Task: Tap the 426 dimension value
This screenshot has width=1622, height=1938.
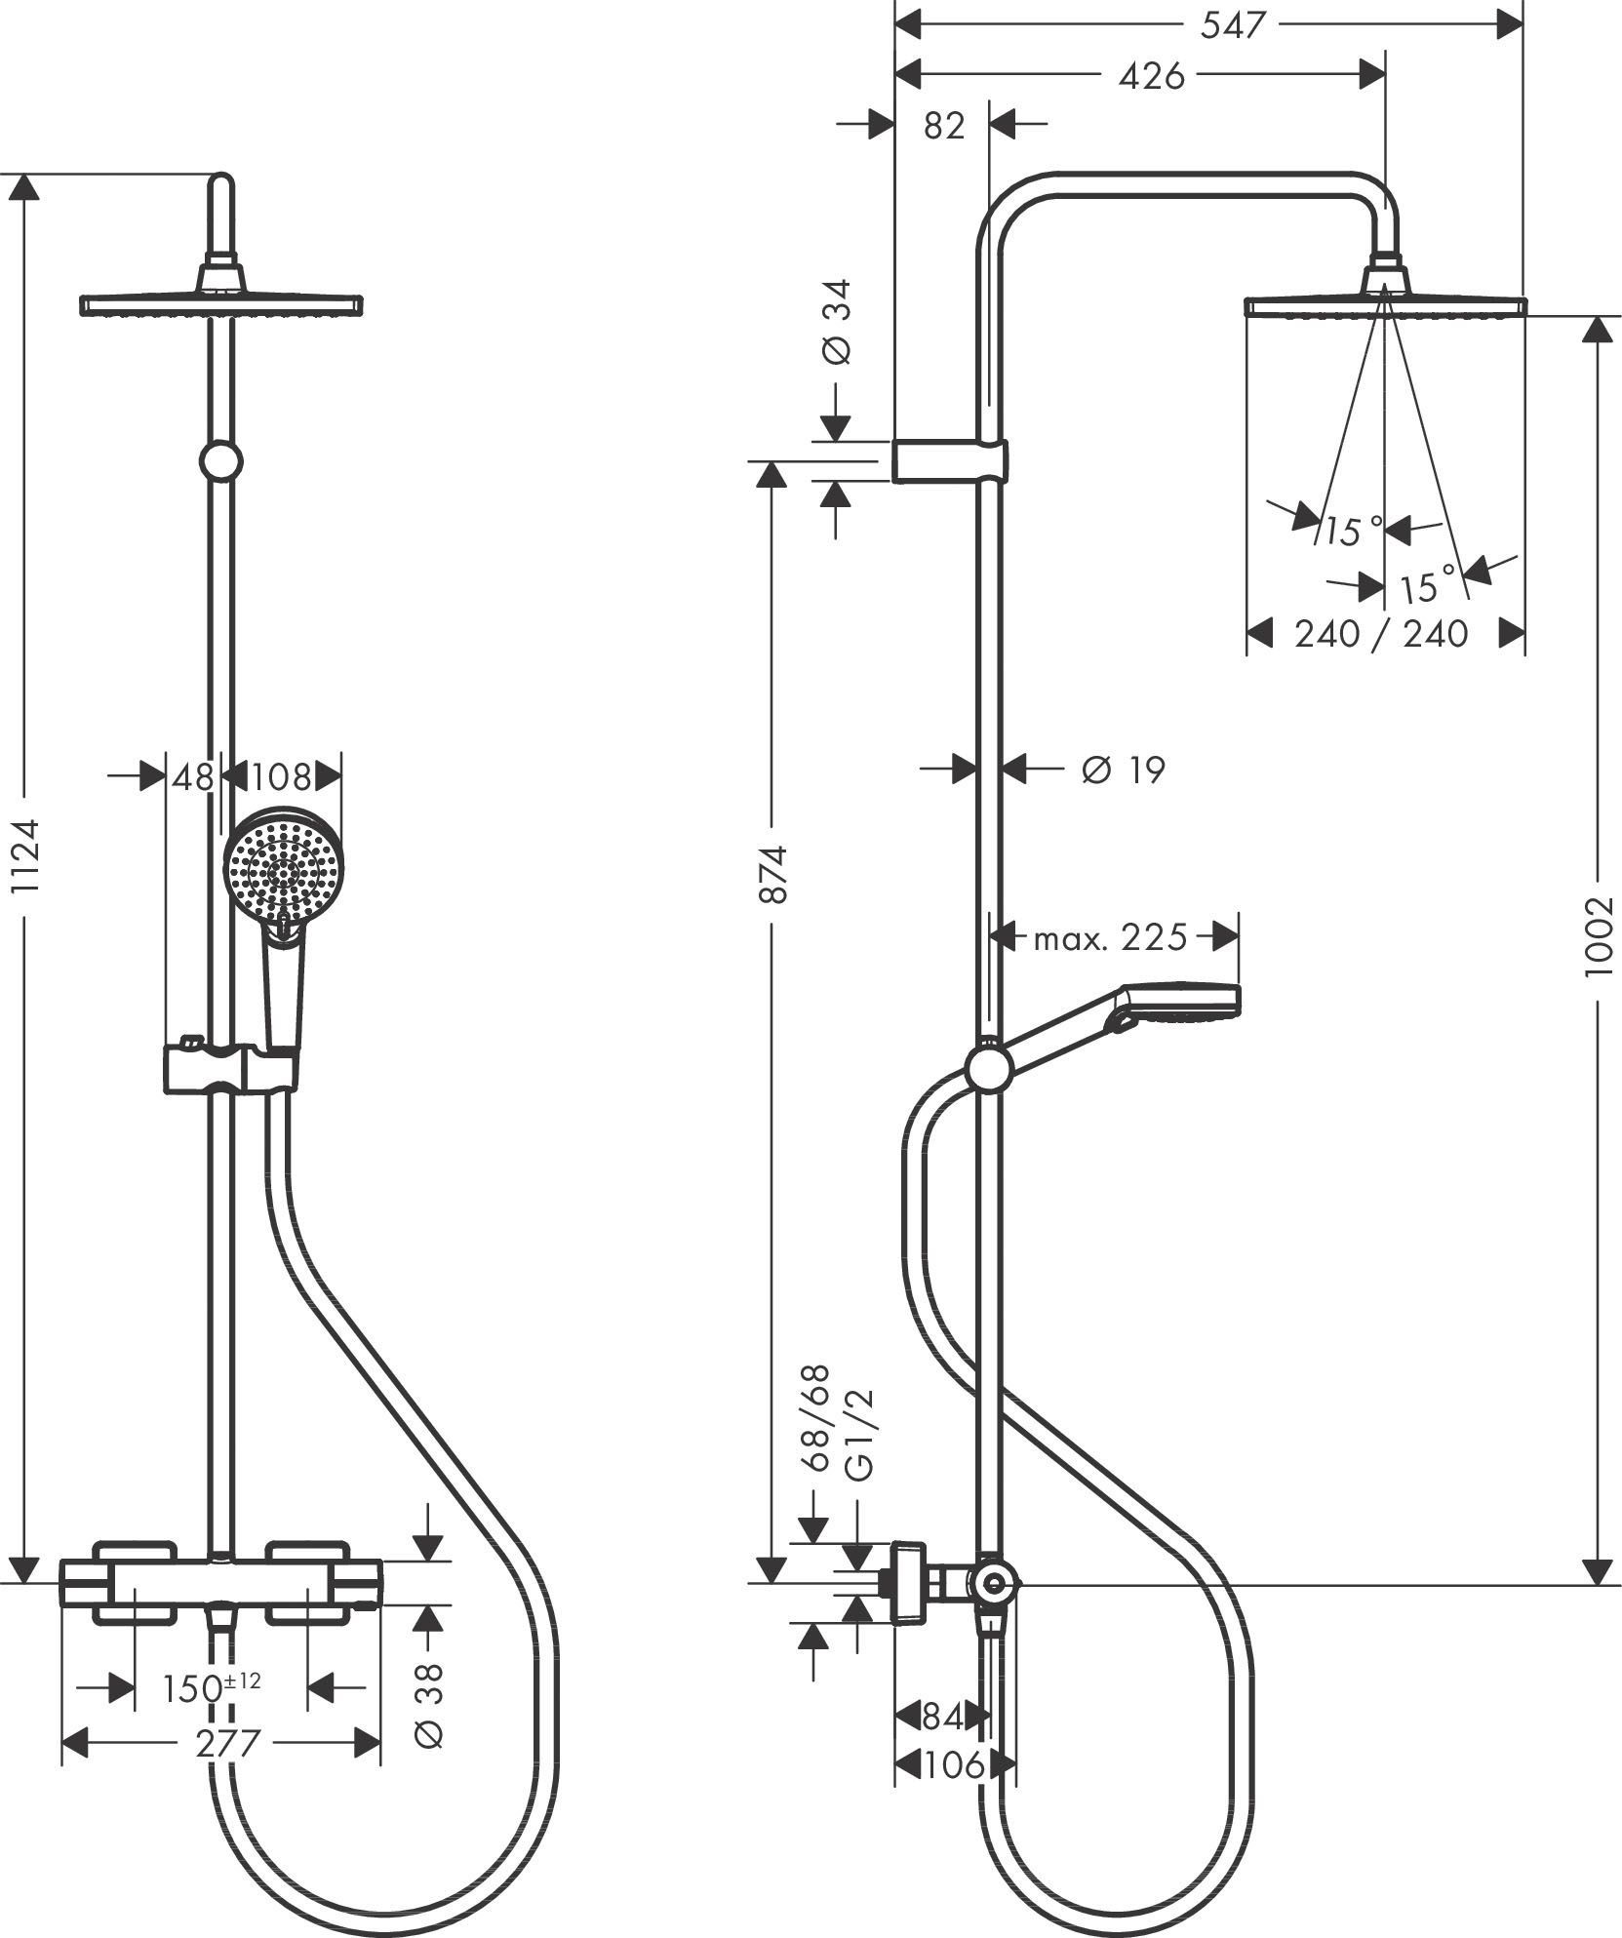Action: point(1151,76)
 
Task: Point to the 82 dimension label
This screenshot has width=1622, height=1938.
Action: point(943,126)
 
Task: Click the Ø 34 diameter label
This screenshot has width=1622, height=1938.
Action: point(837,322)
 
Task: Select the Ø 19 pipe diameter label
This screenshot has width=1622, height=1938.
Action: point(1123,771)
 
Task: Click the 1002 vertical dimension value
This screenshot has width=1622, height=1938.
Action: point(1599,936)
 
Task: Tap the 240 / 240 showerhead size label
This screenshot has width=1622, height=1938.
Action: point(1381,634)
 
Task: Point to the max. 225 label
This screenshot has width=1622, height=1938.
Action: point(1110,938)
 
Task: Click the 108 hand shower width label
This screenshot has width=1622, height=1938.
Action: point(281,777)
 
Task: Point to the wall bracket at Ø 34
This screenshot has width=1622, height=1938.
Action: point(949,461)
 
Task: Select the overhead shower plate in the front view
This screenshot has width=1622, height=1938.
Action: point(220,305)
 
